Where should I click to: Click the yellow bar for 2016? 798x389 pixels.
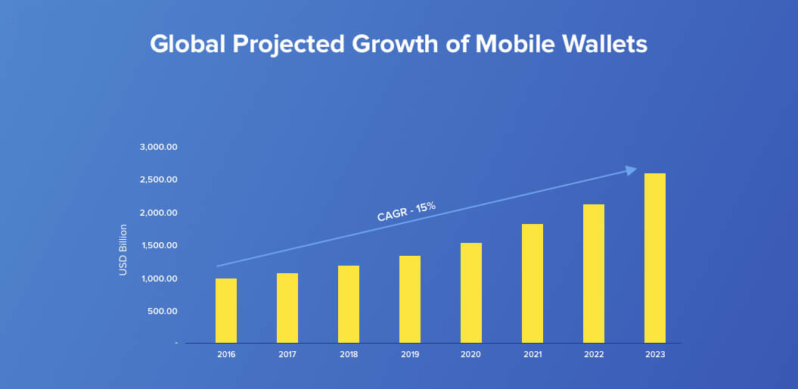click(226, 310)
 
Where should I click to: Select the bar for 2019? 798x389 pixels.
click(410, 299)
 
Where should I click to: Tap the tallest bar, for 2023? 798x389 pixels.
click(655, 258)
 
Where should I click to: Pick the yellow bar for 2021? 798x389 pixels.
click(533, 283)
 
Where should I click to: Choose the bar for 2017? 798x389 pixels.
click(287, 308)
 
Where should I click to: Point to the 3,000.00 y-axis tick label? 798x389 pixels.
click(158, 147)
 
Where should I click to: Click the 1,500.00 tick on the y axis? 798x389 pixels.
click(158, 245)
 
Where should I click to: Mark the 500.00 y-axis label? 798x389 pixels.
click(161, 311)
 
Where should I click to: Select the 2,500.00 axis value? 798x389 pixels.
click(158, 179)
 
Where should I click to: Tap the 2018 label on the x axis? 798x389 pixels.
click(349, 353)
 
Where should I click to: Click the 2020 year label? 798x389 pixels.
click(471, 353)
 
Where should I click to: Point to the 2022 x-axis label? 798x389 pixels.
click(594, 353)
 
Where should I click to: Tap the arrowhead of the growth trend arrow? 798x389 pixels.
click(632, 170)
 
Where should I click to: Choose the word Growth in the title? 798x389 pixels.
click(390, 44)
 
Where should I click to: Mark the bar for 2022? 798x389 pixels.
click(594, 273)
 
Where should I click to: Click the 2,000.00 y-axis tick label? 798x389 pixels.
click(158, 213)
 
